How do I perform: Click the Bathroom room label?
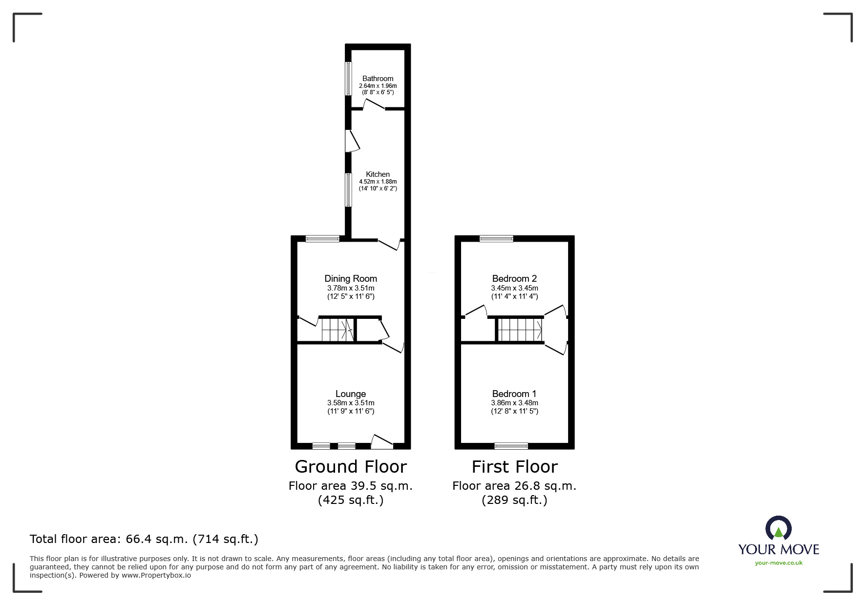tap(378, 79)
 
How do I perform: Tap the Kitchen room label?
tap(378, 174)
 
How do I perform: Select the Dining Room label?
tap(351, 279)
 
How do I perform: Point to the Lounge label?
tap(351, 394)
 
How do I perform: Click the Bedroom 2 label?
tap(514, 279)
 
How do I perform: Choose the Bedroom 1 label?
tap(514, 394)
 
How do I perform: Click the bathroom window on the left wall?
tap(348, 79)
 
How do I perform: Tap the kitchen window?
tap(348, 190)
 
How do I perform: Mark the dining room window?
tap(322, 239)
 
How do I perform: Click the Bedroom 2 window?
tap(496, 239)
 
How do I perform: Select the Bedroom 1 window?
tap(511, 446)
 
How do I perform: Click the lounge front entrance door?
tap(382, 442)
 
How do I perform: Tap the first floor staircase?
tap(520, 330)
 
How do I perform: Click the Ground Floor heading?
tap(351, 467)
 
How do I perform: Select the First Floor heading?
tap(514, 467)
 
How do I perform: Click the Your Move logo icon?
tap(779, 529)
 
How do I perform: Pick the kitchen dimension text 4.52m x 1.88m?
tap(378, 182)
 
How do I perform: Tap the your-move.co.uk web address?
tap(779, 563)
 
